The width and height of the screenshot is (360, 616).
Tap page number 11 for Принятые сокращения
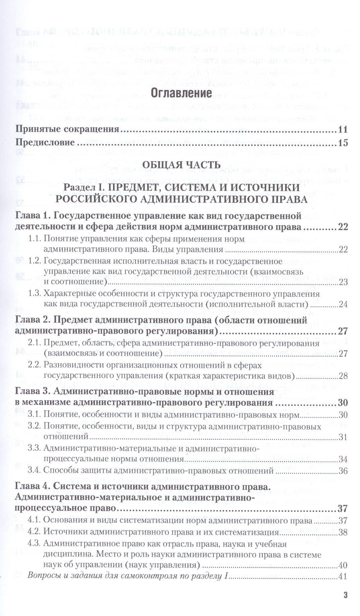pos(343,130)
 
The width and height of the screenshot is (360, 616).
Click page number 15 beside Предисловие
pos(343,143)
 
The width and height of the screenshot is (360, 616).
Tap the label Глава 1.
pos(33,215)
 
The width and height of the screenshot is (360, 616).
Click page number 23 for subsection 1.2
pos(343,282)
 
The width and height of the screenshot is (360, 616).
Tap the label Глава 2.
pos(33,320)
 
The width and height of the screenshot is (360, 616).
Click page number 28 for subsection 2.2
pos(343,376)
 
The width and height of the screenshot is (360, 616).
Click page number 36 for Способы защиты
pos(343,471)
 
